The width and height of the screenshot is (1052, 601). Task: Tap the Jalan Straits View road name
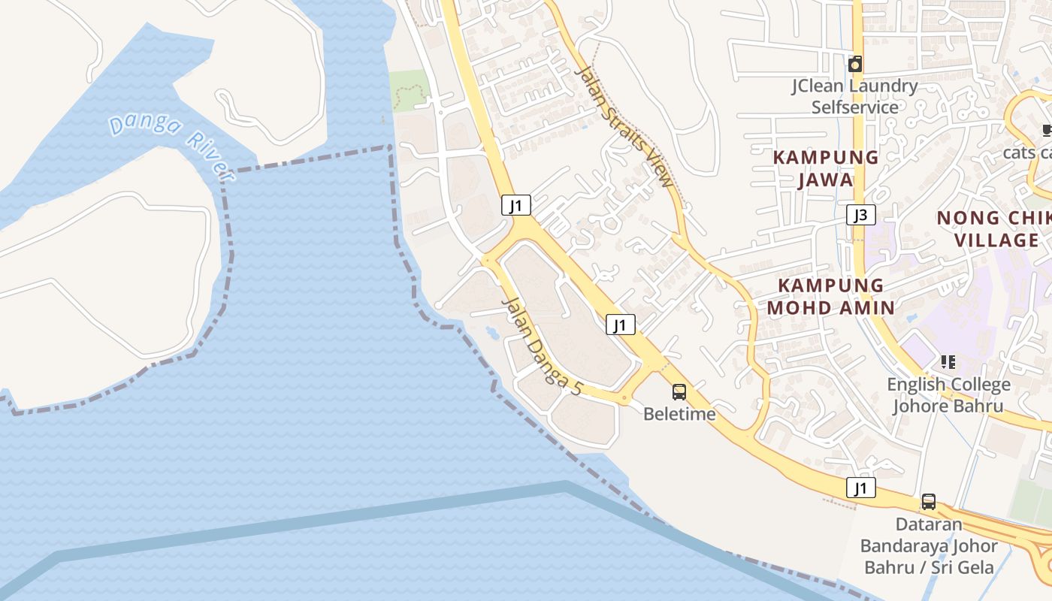[x=624, y=125]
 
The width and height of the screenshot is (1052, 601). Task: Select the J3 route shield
[x=860, y=216]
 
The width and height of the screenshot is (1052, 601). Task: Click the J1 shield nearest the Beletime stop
[x=621, y=325]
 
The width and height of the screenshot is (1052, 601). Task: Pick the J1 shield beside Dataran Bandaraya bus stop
[x=861, y=488]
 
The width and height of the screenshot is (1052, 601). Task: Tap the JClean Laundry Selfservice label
[x=854, y=96]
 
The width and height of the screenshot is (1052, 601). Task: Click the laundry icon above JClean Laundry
[x=854, y=65]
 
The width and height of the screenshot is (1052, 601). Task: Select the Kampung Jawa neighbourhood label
[x=825, y=168]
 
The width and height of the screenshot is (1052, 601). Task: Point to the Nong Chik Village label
[x=993, y=229]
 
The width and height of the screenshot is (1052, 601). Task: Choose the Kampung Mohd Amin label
[x=830, y=296]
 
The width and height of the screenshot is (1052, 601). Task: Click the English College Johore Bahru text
[x=948, y=395]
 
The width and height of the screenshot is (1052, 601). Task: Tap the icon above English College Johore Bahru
[x=948, y=362]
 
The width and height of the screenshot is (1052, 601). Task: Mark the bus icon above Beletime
[x=679, y=391]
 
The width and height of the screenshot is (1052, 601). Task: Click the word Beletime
[x=679, y=414]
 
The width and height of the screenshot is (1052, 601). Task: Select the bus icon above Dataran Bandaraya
[x=929, y=502]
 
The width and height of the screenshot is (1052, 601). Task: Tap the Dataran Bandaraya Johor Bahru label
[x=929, y=545]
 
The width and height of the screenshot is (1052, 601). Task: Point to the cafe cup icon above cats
[x=1047, y=131]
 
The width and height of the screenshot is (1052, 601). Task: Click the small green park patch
[x=409, y=91]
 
